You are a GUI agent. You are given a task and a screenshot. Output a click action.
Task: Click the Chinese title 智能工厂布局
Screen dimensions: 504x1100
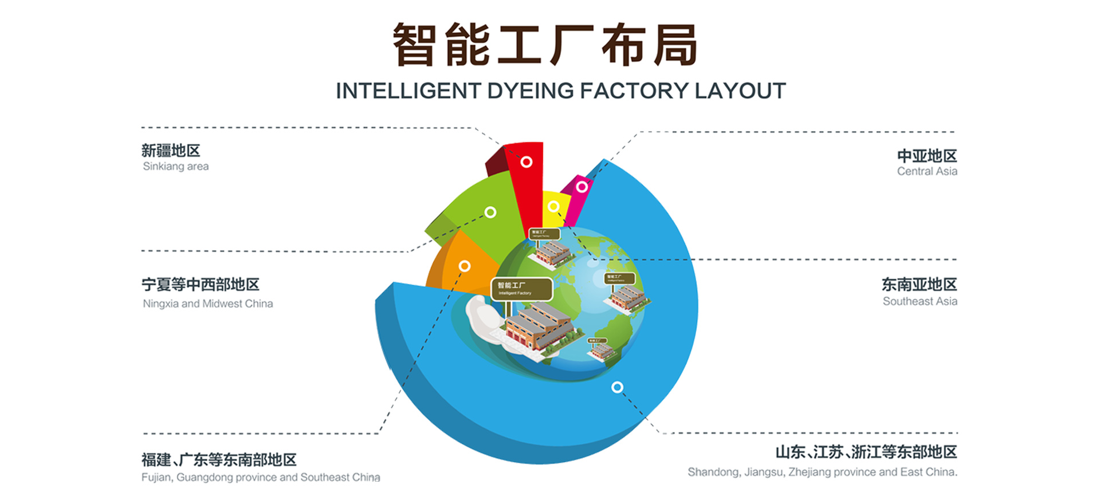coord(545,45)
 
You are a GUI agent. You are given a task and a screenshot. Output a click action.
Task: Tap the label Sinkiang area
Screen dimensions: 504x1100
coord(175,167)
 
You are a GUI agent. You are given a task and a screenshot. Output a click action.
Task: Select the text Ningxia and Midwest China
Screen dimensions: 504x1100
coord(207,304)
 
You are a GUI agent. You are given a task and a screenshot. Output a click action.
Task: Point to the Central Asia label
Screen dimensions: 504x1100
coord(926,171)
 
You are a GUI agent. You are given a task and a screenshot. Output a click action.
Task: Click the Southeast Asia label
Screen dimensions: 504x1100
coord(920,301)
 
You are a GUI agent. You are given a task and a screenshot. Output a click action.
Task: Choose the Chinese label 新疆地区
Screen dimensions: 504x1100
coord(171,151)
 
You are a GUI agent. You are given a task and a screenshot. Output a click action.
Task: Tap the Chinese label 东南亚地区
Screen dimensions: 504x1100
coord(919,284)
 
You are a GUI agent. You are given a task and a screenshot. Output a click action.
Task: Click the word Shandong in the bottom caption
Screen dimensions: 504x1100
coord(713,472)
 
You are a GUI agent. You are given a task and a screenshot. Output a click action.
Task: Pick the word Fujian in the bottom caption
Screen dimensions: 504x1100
coord(156,478)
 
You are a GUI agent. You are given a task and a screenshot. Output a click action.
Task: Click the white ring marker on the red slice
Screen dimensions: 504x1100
coord(526,162)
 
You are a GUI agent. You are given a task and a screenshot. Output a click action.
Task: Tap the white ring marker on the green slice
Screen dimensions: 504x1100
coord(490,212)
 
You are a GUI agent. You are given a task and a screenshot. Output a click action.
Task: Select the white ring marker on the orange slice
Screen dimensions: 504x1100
coord(465,266)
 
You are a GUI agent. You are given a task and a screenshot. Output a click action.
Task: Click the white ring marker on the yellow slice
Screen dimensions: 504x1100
coord(553,206)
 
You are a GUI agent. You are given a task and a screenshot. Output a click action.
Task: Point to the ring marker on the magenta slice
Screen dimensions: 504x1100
coord(582,187)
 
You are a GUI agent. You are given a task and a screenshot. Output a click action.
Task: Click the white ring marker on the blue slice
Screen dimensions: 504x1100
coord(617,387)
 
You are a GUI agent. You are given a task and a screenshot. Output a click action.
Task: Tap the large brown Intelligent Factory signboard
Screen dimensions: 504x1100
coord(521,289)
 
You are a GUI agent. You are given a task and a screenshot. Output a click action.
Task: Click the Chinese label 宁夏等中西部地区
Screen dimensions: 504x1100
coord(201,285)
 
